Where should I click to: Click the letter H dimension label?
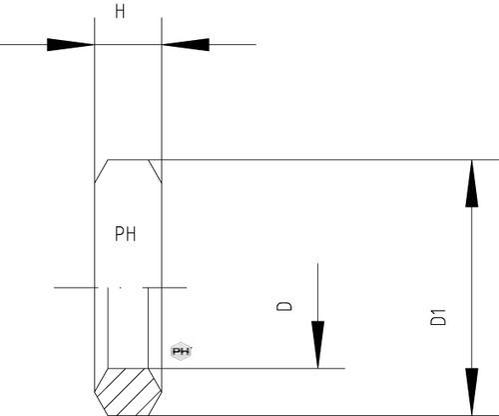(120, 11)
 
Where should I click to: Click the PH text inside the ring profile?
(126, 234)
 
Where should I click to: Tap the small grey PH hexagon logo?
(182, 351)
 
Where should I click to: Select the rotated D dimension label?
(284, 306)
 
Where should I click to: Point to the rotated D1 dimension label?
(438, 317)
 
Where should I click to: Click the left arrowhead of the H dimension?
(71, 45)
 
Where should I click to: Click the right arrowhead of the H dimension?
(186, 45)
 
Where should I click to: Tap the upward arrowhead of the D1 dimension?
(472, 184)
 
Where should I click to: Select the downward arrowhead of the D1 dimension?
(472, 392)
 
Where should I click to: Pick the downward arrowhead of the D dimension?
(317, 345)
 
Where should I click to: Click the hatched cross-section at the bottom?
(128, 392)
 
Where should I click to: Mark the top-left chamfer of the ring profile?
(101, 171)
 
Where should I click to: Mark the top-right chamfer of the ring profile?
(155, 171)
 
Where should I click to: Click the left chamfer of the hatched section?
(101, 380)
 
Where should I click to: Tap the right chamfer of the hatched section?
(155, 380)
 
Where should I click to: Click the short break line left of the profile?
(76, 287)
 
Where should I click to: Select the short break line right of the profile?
(166, 287)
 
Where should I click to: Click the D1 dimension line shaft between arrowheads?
(472, 288)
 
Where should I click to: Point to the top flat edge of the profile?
(128, 160)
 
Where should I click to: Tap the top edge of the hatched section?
(128, 368)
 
